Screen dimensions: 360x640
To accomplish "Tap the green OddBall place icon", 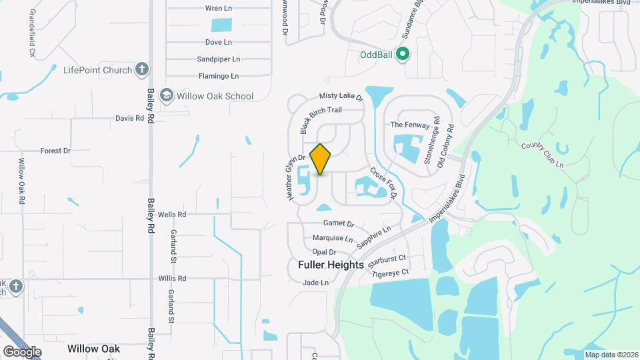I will tap(402, 54).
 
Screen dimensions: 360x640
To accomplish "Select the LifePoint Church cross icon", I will tap(141, 69).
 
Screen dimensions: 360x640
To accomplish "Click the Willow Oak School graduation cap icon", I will tap(167, 96).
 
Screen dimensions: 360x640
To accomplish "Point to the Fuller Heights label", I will tap(331, 265).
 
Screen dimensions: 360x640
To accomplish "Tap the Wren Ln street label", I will tap(218, 9).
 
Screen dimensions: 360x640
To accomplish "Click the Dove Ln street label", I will tap(218, 42).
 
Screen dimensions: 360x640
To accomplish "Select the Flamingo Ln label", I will tap(218, 76).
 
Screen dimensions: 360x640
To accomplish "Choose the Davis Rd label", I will tap(130, 118).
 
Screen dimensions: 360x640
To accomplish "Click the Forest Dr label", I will tap(55, 151).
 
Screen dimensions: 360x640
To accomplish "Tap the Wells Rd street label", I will tap(172, 215).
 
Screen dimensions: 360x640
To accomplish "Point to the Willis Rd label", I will tap(172, 279).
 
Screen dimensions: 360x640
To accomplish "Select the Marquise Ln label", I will tap(333, 238).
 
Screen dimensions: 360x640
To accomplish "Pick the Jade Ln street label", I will tap(316, 283).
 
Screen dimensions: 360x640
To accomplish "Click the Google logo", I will tap(22, 351).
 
